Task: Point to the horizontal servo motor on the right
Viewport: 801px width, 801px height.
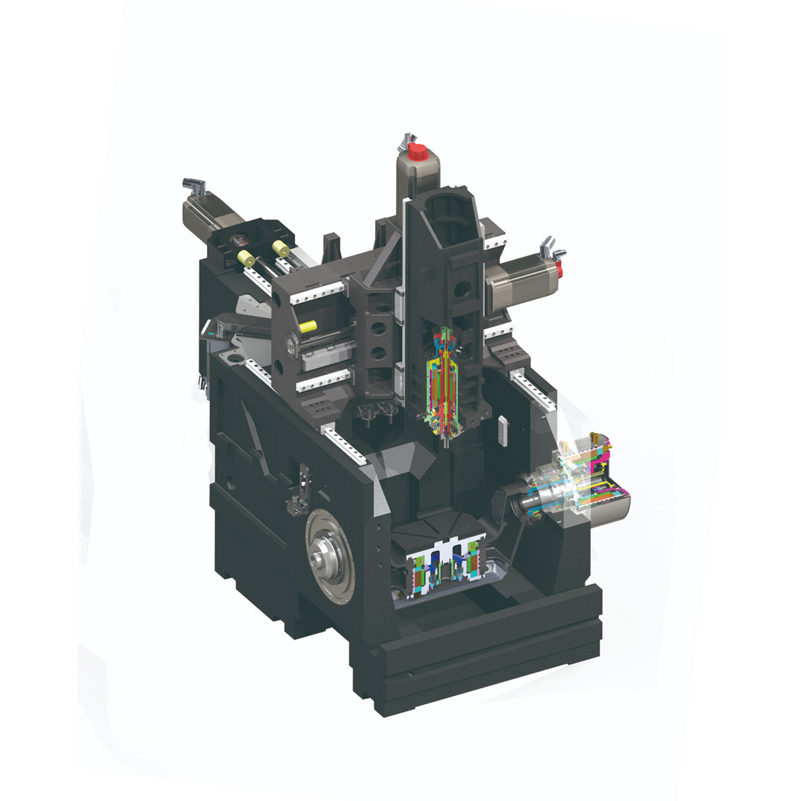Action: tap(521, 282)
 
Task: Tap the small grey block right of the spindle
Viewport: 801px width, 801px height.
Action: tap(503, 429)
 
